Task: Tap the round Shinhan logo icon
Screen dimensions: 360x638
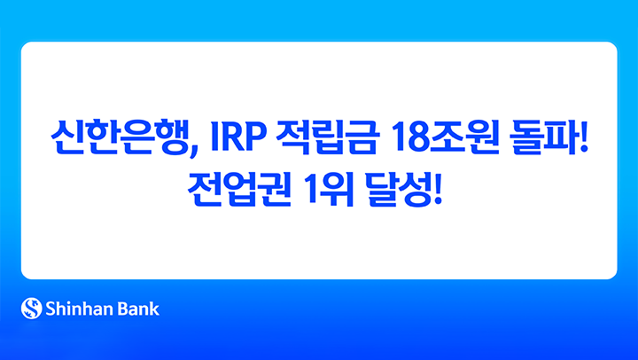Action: [32, 309]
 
